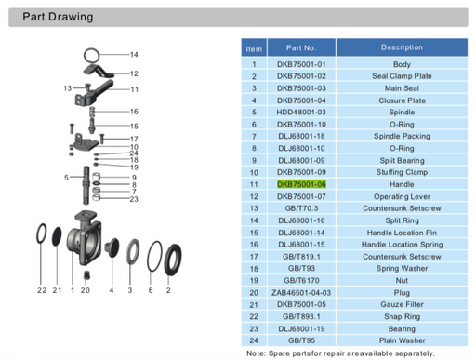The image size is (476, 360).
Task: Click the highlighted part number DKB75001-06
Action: [301, 184]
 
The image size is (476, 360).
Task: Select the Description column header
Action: [402, 47]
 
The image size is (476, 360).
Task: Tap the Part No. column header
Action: [301, 47]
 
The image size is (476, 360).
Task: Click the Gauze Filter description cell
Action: [402, 304]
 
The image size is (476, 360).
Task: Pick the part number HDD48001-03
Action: [301, 112]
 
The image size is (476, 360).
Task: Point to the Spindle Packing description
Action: [402, 136]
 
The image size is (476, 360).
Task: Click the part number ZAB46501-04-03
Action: [301, 292]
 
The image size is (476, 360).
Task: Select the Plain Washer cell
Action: [402, 340]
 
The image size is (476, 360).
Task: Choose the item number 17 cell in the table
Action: [254, 257]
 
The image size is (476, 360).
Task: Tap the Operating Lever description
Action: [402, 196]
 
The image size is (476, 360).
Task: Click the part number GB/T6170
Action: [301, 280]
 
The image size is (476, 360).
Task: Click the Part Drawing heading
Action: [58, 17]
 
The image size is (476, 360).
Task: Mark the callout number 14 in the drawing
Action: [134, 55]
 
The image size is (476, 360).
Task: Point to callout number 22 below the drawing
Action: [42, 290]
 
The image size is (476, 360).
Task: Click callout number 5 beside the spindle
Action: [66, 178]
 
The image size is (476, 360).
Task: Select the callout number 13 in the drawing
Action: [67, 88]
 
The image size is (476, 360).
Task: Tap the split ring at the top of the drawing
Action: [91, 49]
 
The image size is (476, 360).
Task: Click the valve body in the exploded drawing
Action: [84, 239]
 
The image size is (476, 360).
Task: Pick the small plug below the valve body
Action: [86, 276]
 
